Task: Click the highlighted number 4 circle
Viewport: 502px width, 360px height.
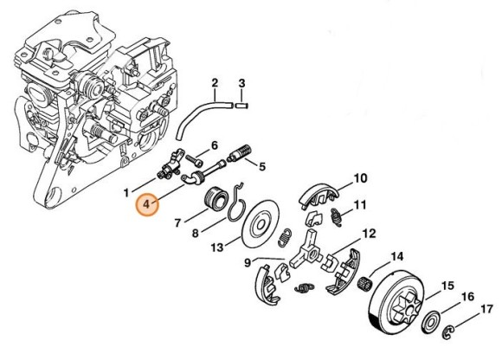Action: pos(148,205)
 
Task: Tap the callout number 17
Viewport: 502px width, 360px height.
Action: pos(486,308)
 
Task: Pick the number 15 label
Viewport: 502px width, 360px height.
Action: pos(448,286)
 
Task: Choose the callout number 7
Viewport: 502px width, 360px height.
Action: pos(177,223)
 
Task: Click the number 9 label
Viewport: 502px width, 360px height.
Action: pos(248,263)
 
